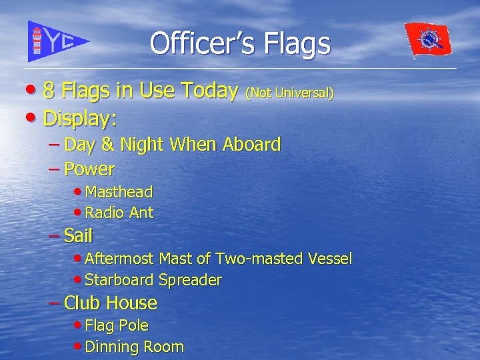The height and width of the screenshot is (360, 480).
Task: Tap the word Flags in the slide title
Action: [298, 44]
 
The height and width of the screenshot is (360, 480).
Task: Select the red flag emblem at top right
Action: [429, 39]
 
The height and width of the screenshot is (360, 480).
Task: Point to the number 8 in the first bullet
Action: [49, 92]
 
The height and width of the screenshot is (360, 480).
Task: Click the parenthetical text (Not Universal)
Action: [290, 93]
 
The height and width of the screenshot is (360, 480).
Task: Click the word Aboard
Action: [252, 145]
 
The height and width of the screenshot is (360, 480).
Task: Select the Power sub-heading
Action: [89, 169]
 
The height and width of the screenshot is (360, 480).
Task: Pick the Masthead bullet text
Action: [119, 192]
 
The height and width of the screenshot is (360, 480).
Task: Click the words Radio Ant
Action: [119, 213]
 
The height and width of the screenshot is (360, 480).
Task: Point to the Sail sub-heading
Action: [78, 235]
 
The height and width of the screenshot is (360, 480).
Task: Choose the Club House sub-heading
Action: [111, 303]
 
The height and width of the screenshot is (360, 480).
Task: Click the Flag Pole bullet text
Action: [117, 325]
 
